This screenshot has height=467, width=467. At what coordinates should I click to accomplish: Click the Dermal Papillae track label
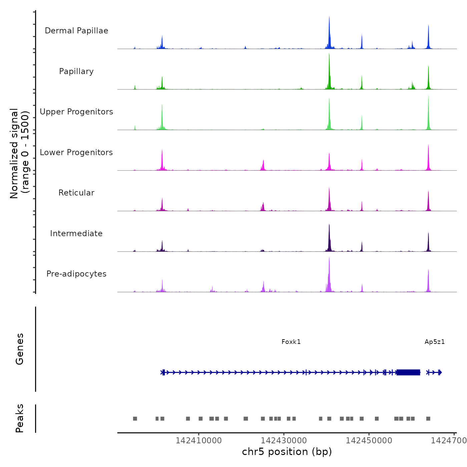[76, 31]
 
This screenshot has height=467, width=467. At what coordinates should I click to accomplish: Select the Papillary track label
[76, 71]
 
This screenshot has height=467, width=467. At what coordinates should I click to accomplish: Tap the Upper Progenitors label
[76, 112]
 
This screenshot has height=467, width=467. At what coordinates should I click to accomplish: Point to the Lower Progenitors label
[76, 152]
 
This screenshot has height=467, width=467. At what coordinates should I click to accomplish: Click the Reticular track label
[76, 193]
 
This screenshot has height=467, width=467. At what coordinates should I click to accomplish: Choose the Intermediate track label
[76, 233]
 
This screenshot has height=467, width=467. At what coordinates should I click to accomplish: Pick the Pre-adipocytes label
[76, 274]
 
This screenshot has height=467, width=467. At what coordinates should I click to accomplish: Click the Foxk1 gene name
[291, 342]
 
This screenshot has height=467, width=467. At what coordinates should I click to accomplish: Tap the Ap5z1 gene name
[434, 342]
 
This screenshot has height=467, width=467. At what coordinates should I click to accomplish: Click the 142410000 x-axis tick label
[198, 440]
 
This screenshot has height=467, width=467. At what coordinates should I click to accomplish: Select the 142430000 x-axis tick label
[284, 440]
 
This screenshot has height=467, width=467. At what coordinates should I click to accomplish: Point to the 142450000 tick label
[369, 440]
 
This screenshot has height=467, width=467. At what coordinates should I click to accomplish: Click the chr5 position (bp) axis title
[287, 452]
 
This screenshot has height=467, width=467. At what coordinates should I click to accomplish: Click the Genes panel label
[19, 349]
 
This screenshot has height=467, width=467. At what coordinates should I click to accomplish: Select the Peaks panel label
[19, 418]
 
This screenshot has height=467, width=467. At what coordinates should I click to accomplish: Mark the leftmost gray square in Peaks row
[135, 419]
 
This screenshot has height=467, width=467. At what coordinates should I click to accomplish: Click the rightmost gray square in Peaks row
[428, 419]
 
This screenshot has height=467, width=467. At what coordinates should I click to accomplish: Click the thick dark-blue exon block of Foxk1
[408, 372]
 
